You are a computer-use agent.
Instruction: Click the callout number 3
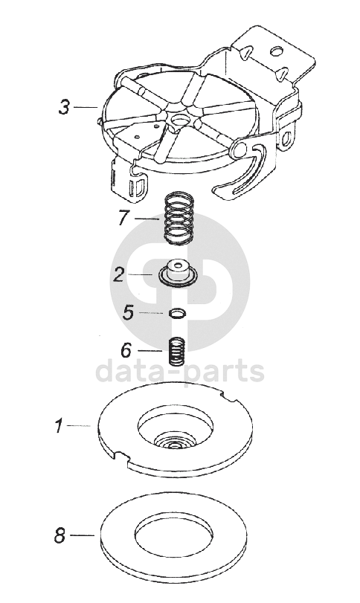tap(64, 106)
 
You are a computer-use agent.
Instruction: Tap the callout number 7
tap(123, 218)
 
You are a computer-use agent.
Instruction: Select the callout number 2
tap(119, 274)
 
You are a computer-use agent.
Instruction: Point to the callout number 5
tap(128, 312)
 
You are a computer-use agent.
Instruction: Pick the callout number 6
tap(126, 350)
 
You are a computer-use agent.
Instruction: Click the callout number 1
tap(59, 426)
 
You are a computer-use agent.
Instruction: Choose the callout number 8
tap(60, 535)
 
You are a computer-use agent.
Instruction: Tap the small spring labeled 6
tap(177, 351)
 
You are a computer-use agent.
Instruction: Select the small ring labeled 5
tap(177, 313)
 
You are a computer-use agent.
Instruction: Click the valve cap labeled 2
tap(178, 273)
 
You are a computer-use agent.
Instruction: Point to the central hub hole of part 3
tap(179, 119)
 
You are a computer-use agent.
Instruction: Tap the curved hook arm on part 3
tap(242, 175)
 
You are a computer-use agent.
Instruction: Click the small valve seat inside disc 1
tap(175, 442)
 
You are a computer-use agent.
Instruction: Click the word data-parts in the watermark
tap(179, 372)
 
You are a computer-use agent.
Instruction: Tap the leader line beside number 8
tap(82, 535)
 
